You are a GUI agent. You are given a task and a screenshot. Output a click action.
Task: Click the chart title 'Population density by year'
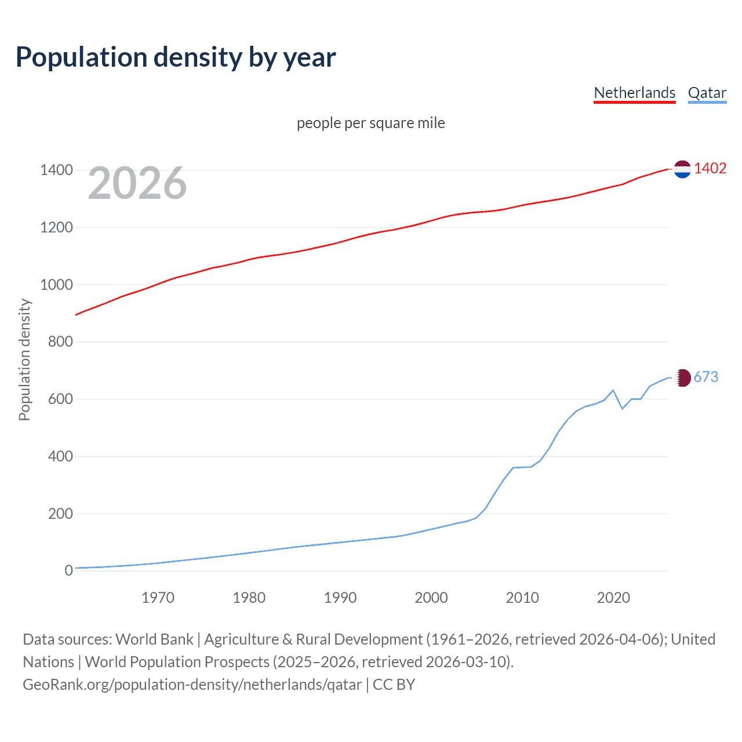click(x=176, y=57)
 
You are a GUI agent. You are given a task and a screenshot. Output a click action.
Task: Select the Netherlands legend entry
click(x=634, y=93)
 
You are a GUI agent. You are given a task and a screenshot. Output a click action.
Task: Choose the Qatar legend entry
click(x=707, y=93)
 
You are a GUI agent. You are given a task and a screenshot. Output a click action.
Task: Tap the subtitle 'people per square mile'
click(x=370, y=123)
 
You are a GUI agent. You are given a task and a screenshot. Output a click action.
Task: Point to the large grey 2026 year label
click(x=137, y=183)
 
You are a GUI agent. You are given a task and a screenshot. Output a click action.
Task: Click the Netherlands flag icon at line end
click(x=682, y=169)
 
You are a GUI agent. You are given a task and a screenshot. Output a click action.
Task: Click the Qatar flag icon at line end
click(x=683, y=377)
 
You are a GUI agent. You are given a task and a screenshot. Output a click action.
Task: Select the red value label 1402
click(x=710, y=168)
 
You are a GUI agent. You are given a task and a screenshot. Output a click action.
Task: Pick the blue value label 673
click(x=705, y=377)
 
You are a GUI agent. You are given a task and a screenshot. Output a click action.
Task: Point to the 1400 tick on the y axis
click(x=56, y=170)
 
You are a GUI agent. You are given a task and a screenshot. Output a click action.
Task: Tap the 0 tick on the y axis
click(x=68, y=570)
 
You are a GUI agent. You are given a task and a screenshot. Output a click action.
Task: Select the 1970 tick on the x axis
click(x=158, y=598)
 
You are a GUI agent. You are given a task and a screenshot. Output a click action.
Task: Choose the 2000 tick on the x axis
click(x=431, y=598)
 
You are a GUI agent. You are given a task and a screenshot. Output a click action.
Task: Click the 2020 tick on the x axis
click(x=613, y=598)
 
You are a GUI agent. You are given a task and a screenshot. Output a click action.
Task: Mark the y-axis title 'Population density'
click(x=24, y=359)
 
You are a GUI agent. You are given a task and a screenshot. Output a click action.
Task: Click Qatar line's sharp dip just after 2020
click(x=622, y=408)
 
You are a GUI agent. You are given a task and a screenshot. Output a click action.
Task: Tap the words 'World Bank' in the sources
click(x=154, y=639)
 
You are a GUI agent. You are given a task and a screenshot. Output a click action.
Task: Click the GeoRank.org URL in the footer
click(x=192, y=684)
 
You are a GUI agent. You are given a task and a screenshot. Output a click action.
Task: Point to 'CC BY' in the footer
click(x=394, y=684)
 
